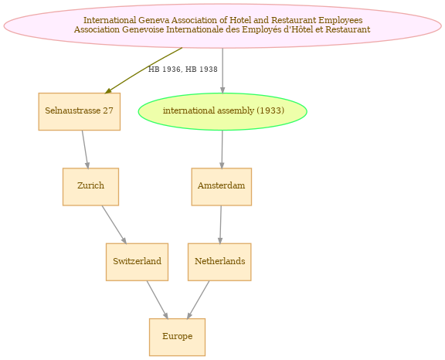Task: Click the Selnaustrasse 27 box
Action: point(79,111)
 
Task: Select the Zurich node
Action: point(90,187)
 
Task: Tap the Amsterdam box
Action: point(222,187)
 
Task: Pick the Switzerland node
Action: point(137,262)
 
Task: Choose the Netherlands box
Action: point(219,262)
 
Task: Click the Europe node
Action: point(177,337)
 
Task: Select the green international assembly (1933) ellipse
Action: point(222,111)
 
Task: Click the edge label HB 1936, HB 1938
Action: point(183,70)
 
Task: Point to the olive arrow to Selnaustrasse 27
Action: point(144,70)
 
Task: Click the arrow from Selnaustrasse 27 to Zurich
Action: point(85,150)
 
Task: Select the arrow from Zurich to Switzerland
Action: point(114,224)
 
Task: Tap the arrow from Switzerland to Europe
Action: point(158,300)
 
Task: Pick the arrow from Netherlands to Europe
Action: point(198,300)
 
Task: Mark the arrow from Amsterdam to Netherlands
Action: point(220,224)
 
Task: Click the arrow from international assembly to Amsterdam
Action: point(222,150)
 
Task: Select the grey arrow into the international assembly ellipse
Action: point(222,70)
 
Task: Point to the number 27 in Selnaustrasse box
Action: point(108,110)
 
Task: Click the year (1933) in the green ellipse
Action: point(270,110)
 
